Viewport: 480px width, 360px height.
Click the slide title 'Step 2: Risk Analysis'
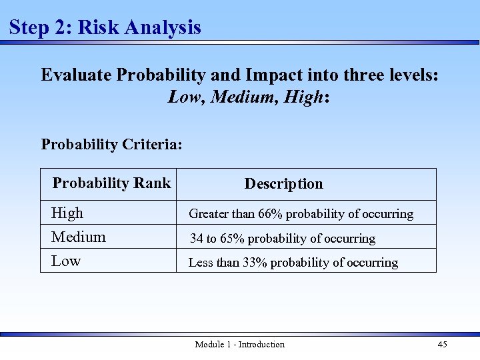[x=105, y=27]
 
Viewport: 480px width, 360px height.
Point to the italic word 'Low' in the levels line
[x=186, y=97]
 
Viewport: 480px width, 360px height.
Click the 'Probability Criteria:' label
[x=111, y=144]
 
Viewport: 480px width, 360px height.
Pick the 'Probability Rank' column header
[x=111, y=183]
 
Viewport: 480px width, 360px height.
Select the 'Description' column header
[x=283, y=184]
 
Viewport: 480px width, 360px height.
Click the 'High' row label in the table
[x=67, y=213]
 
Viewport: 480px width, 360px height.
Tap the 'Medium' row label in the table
[x=79, y=237]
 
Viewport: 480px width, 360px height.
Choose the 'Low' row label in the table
[x=66, y=261]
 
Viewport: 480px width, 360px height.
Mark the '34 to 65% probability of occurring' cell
[x=282, y=239]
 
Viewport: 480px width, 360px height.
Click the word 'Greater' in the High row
[x=209, y=214]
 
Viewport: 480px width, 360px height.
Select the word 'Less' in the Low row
[x=201, y=263]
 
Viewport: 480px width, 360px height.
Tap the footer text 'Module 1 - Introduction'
[x=239, y=345]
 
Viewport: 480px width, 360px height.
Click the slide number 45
[x=442, y=345]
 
